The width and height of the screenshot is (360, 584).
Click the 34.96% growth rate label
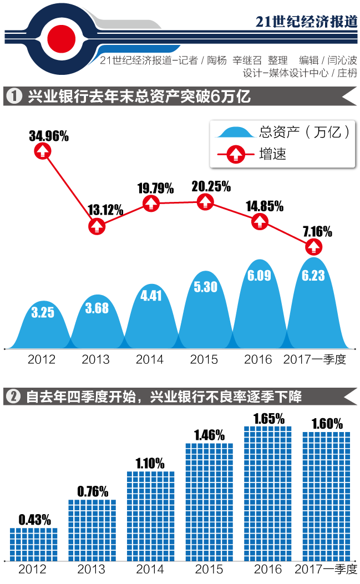[x=49, y=136]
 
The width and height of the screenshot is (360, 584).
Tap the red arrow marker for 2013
[x=97, y=226]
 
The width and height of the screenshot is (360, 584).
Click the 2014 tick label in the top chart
[x=150, y=359]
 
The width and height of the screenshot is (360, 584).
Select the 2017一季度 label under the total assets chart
[x=315, y=359]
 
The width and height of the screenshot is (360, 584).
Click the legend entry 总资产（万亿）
[x=283, y=133]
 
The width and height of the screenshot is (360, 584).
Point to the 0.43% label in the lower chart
[x=34, y=520]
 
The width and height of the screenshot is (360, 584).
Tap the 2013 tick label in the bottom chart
[x=92, y=570]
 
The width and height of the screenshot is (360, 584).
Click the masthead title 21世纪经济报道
[x=307, y=21]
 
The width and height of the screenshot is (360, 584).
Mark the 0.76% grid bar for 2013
[x=92, y=530]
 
